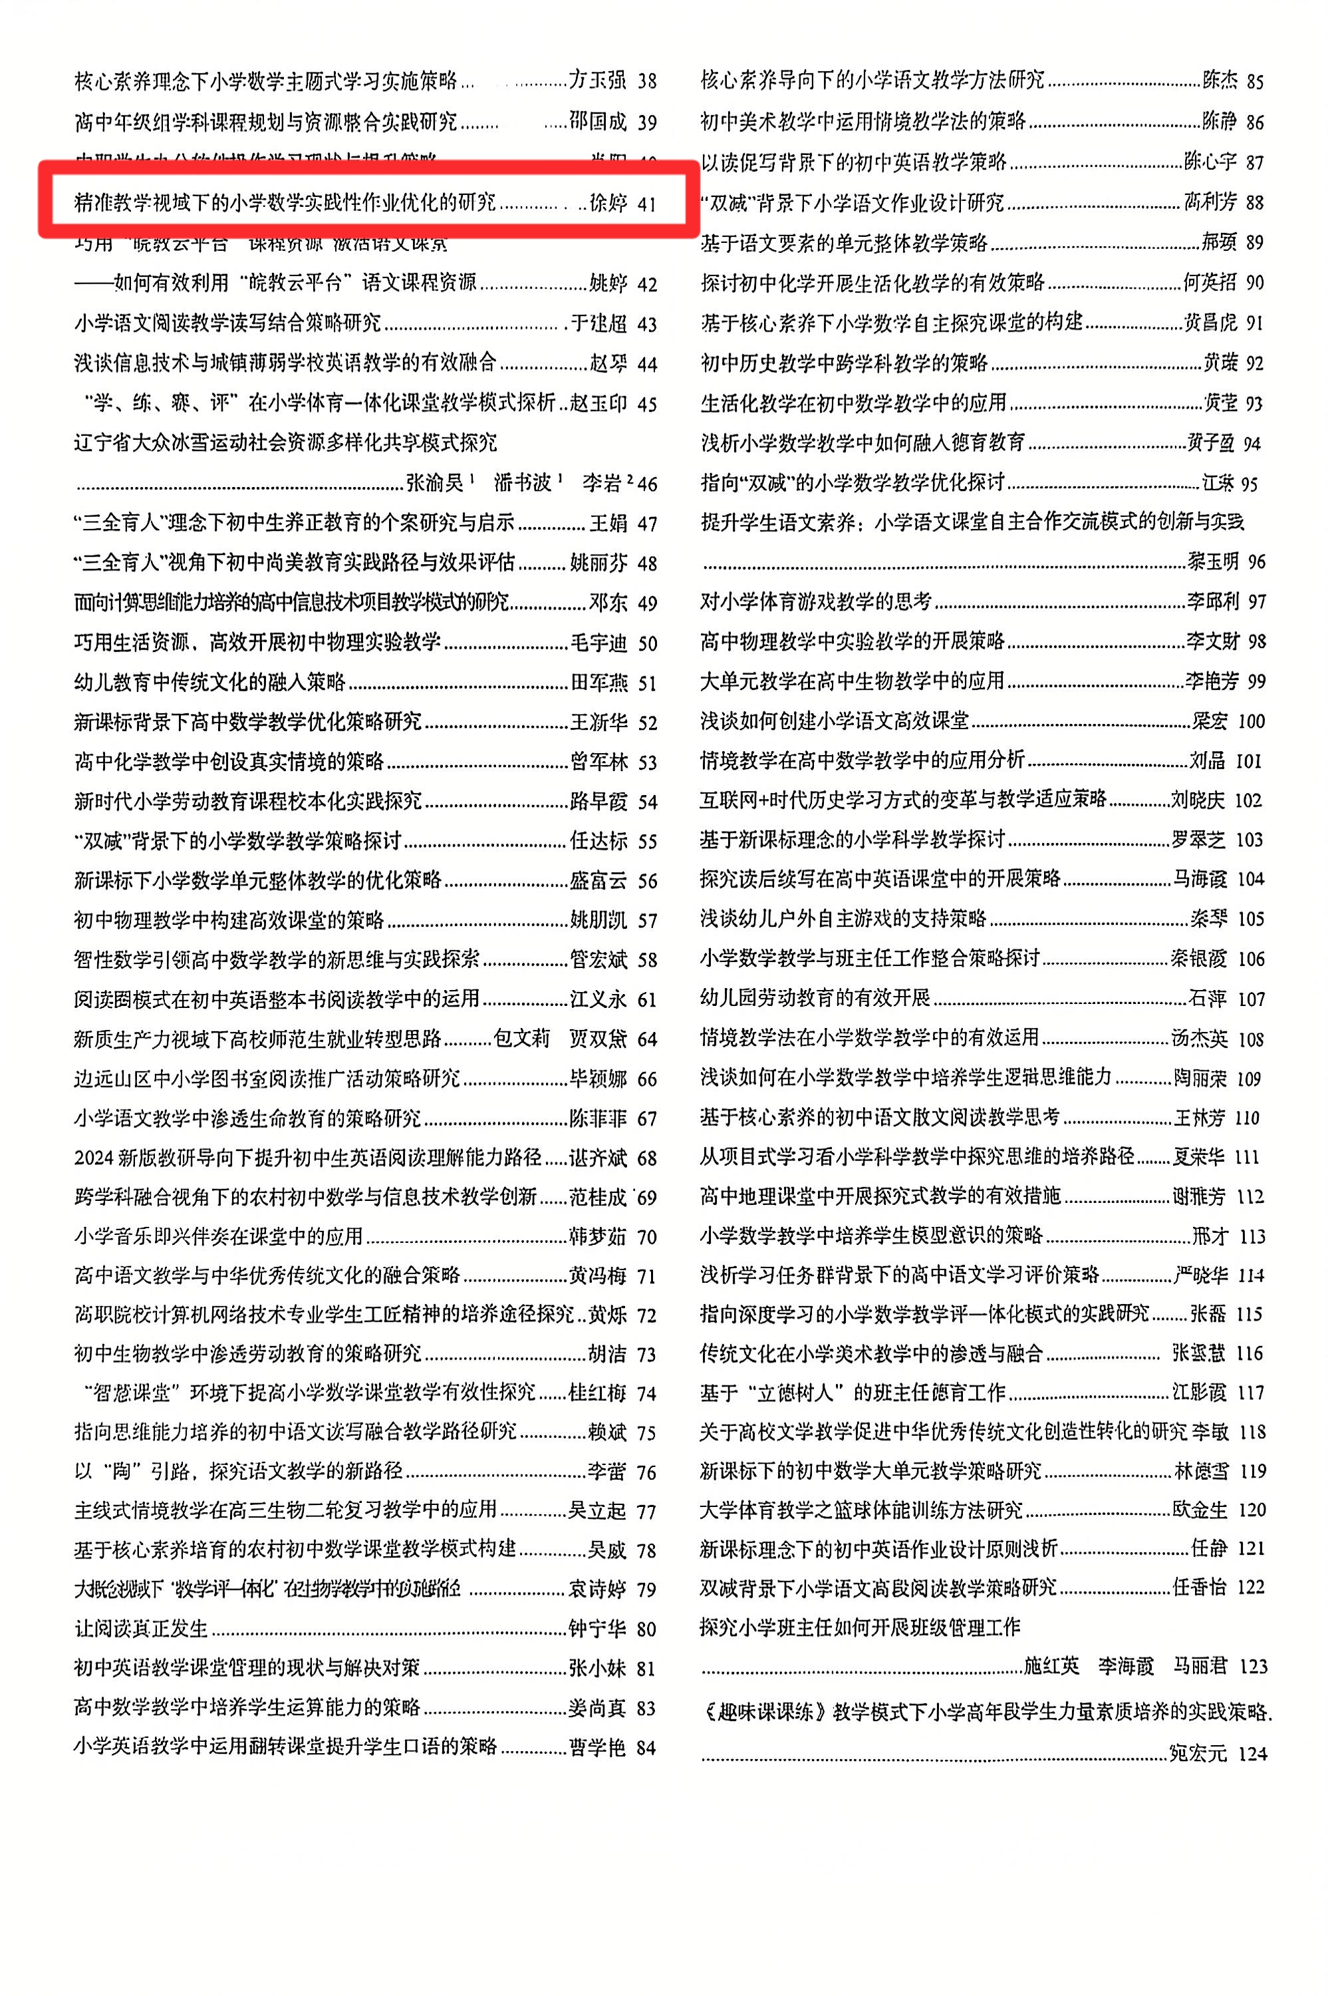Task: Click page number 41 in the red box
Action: click(x=646, y=204)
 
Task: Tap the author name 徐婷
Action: click(x=607, y=204)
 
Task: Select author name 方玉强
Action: click(x=597, y=81)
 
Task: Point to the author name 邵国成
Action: click(x=597, y=122)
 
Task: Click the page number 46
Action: click(x=647, y=484)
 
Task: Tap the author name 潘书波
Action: click(x=523, y=483)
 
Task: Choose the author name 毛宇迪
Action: click(x=598, y=643)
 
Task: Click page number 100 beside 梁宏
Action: click(x=1250, y=721)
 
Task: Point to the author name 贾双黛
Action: click(x=598, y=1039)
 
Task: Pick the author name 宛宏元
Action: click(x=1198, y=1754)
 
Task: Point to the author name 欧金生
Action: click(x=1199, y=1510)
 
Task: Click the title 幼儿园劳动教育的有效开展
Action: click(x=815, y=998)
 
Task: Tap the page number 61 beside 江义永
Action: click(x=647, y=1000)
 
